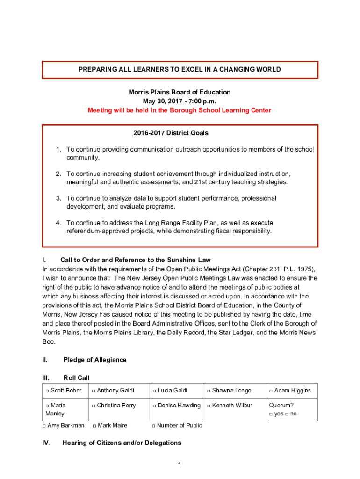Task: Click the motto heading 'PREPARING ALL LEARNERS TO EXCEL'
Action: [180, 70]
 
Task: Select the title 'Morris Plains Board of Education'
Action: [180, 92]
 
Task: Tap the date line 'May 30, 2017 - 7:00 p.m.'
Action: [180, 101]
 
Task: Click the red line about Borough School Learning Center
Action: [180, 110]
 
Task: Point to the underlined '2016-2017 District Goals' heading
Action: [171, 133]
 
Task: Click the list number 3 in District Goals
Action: [59, 198]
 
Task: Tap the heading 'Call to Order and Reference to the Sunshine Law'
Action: [136, 260]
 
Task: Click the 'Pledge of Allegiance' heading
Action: [94, 360]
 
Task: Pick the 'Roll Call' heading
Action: [76, 378]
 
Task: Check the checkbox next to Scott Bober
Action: [48, 391]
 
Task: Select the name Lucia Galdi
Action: [173, 391]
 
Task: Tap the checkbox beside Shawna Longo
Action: [209, 391]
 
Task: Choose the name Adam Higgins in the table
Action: [292, 391]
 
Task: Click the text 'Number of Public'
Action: [180, 426]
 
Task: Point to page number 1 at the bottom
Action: [179, 464]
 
